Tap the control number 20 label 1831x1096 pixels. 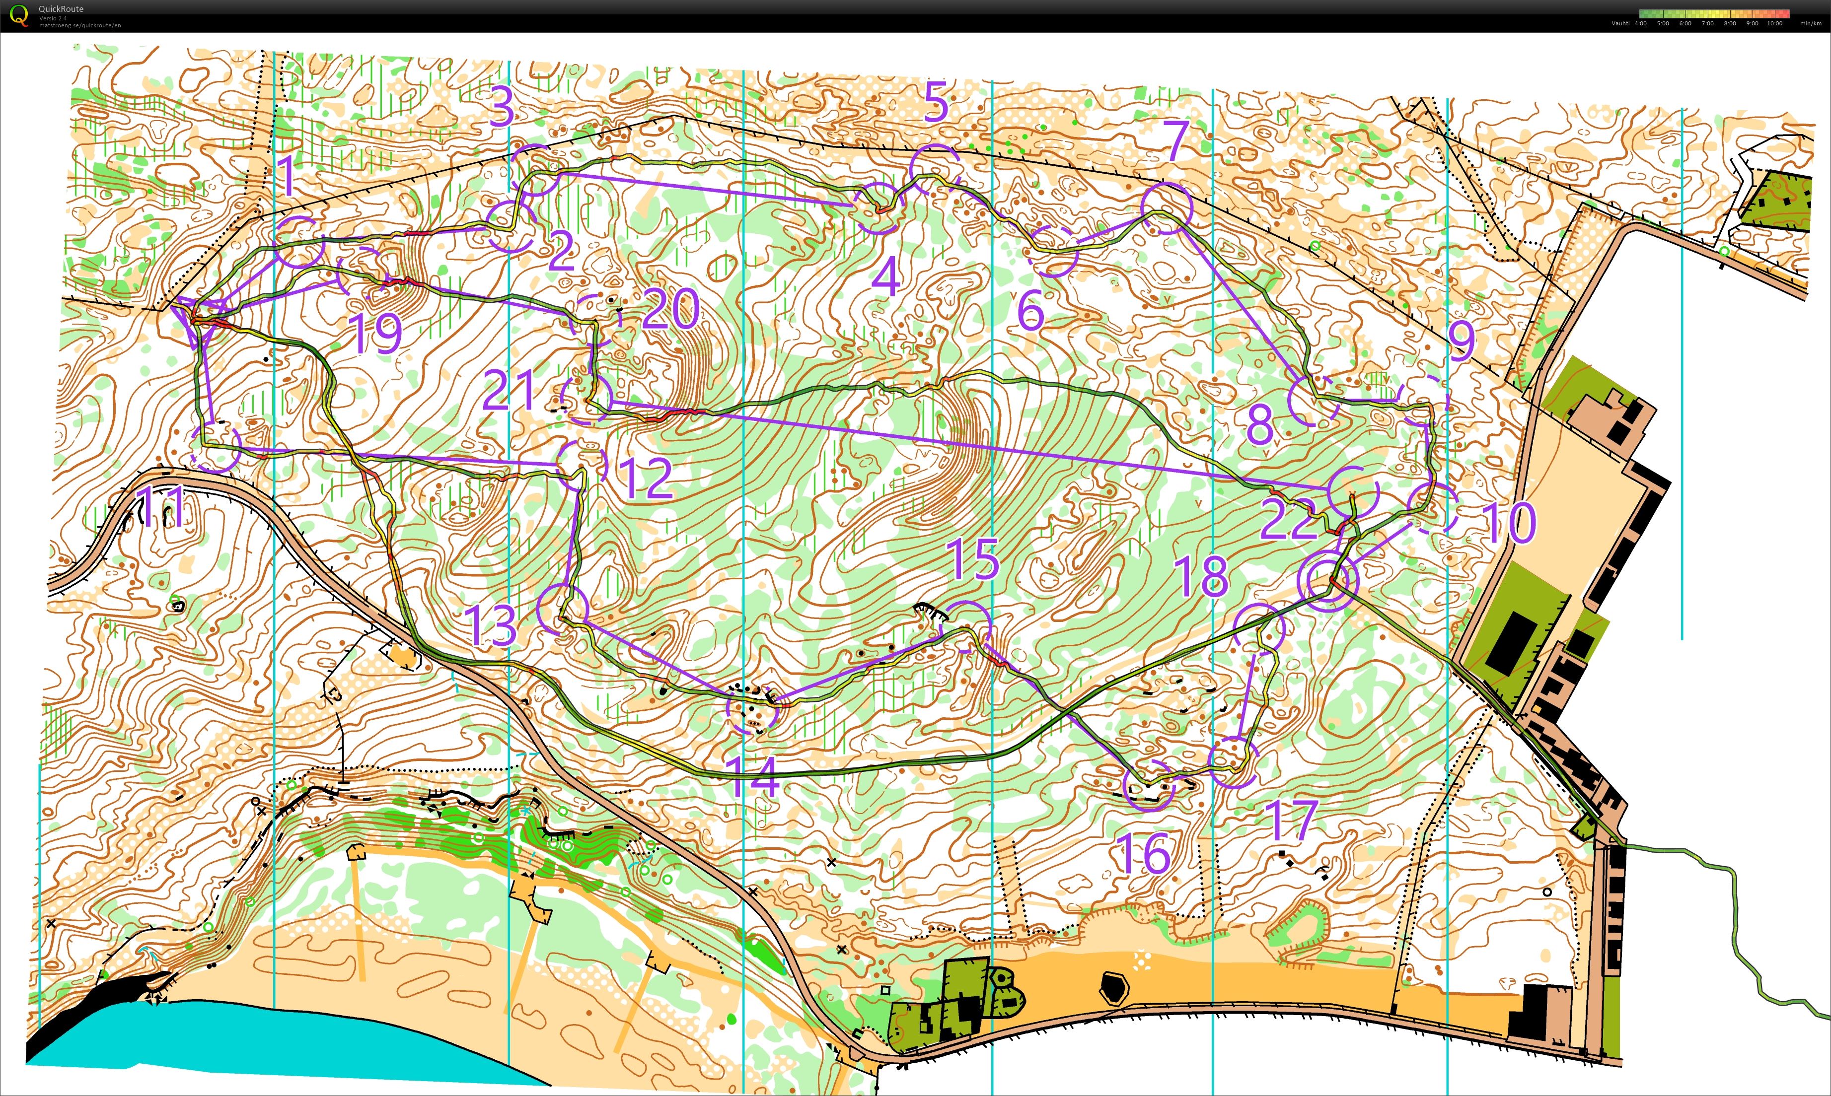click(671, 309)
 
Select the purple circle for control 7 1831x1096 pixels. click(1167, 209)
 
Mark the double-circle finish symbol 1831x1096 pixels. click(1327, 581)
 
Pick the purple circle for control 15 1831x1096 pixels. click(966, 626)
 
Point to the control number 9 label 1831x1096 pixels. click(1462, 341)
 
